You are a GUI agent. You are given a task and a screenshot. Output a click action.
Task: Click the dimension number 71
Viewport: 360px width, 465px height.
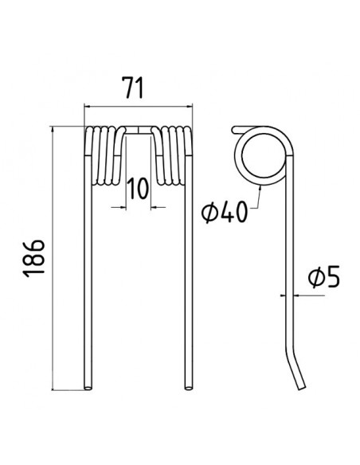tap(134, 88)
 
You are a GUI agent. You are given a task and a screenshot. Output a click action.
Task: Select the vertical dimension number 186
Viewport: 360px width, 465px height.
tap(34, 258)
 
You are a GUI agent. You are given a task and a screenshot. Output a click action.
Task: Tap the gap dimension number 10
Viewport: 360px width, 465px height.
tap(138, 189)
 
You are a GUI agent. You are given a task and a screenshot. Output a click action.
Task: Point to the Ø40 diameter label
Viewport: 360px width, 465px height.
tap(224, 212)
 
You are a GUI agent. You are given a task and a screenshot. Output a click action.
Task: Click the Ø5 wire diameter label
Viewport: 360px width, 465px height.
tap(324, 277)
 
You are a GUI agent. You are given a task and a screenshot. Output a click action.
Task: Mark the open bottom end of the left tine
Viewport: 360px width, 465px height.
tap(88, 387)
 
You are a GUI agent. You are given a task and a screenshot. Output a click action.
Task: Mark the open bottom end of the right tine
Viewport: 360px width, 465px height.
tap(188, 387)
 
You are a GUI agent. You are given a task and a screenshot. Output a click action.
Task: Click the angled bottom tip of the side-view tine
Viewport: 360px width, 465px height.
tap(301, 387)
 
